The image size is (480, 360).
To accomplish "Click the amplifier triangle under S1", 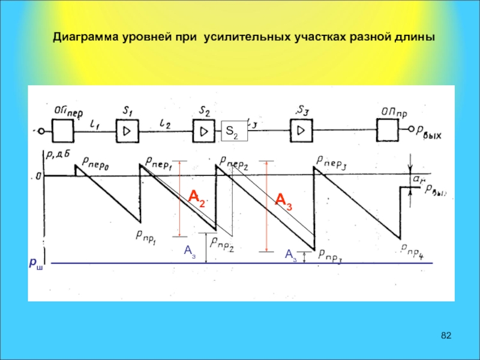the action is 128,130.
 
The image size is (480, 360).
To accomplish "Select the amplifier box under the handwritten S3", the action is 301,130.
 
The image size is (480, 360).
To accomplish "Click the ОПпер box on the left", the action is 62,129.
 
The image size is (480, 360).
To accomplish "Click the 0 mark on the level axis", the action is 38,176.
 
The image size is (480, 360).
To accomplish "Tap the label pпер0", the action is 96,161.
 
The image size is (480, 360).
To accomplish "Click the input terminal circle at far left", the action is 40,131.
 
